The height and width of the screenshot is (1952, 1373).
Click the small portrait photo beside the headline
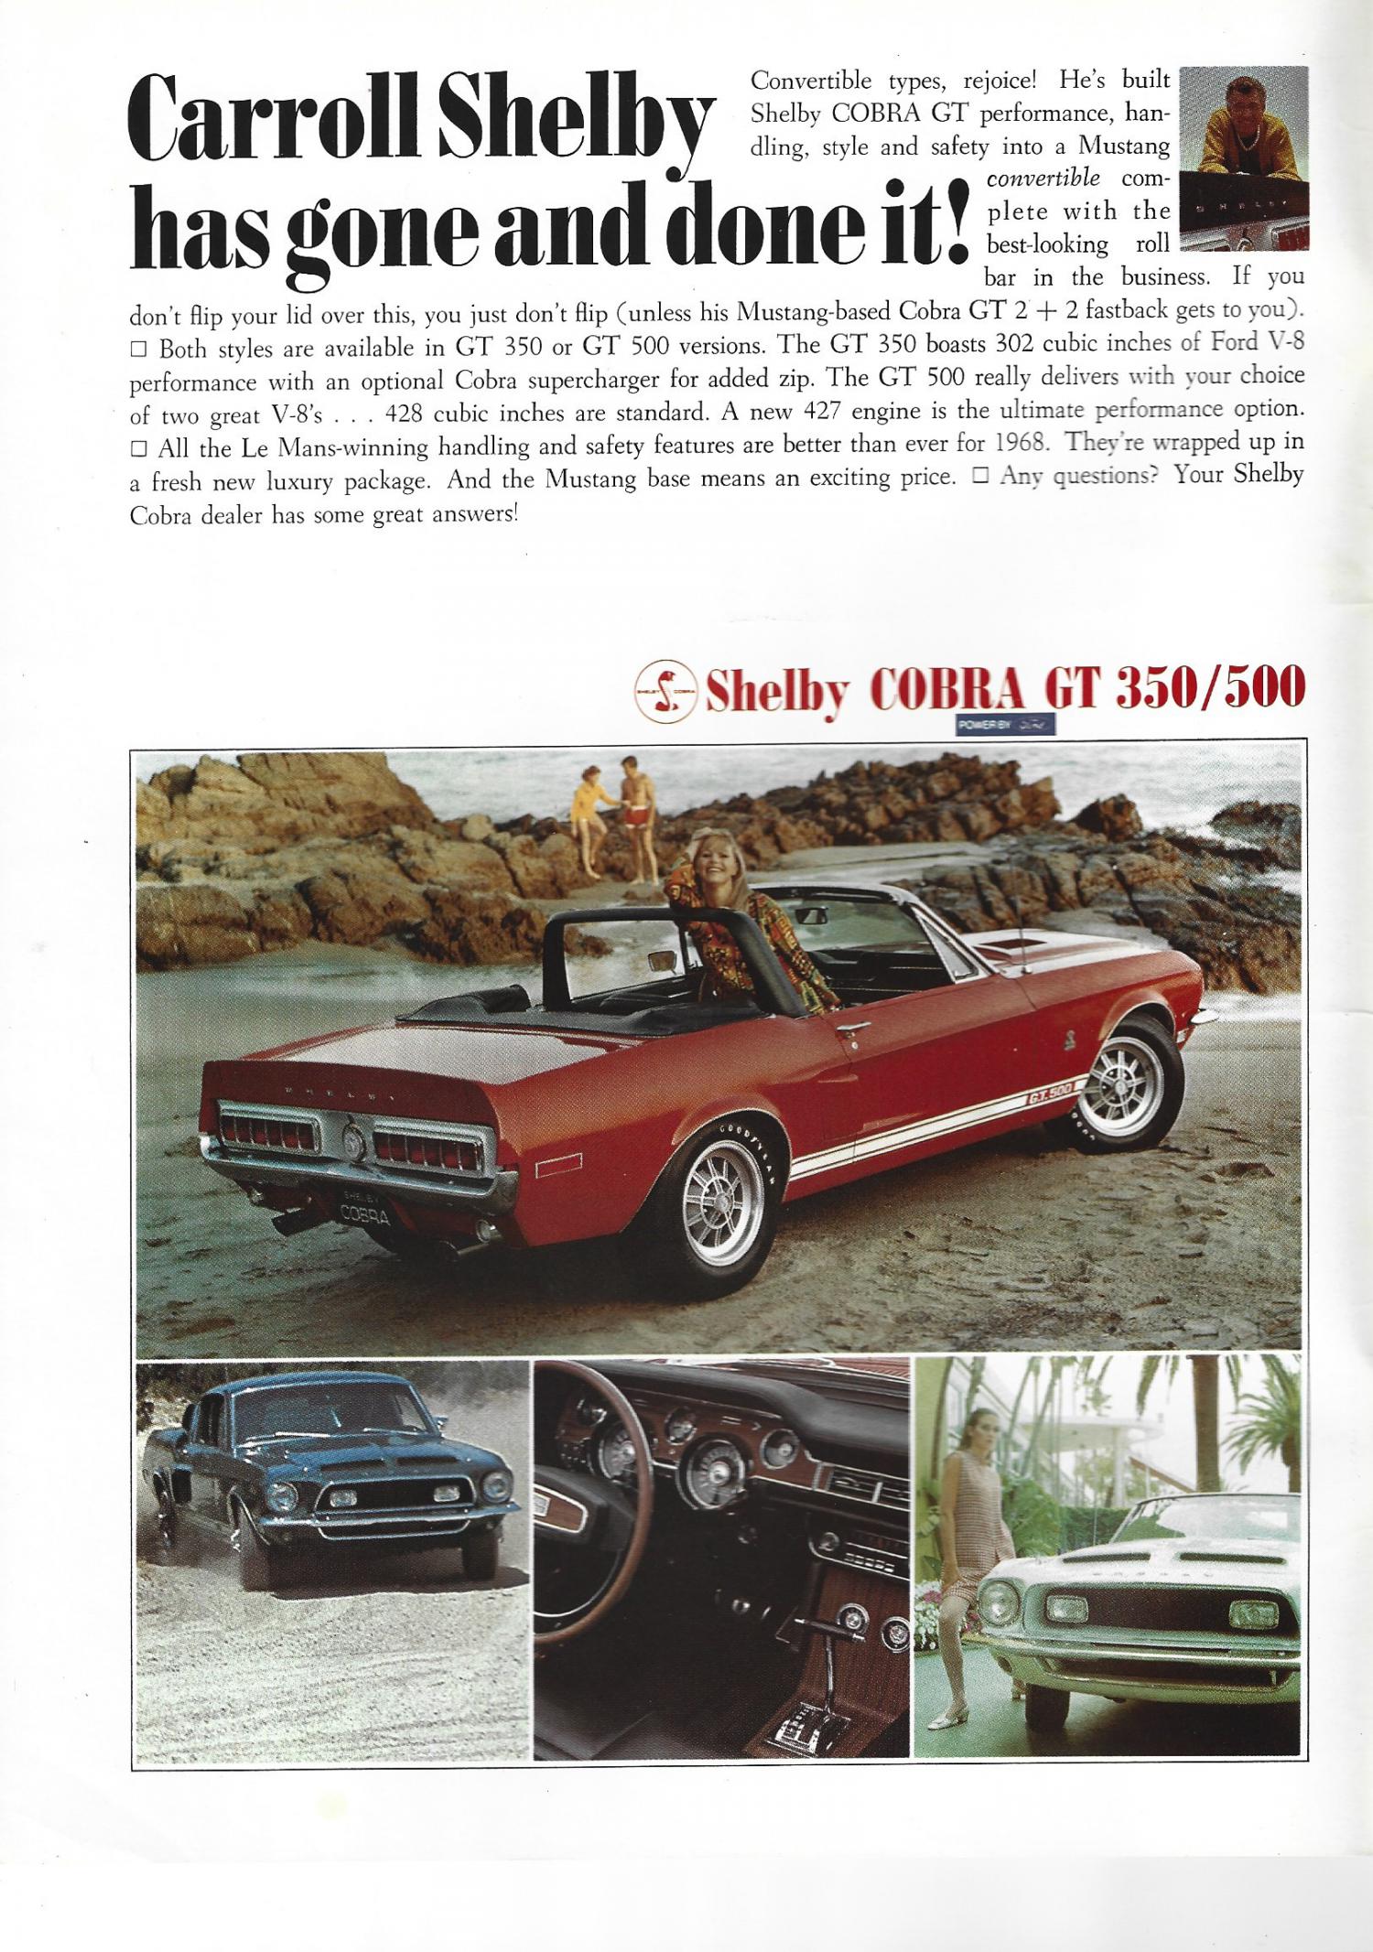1244,157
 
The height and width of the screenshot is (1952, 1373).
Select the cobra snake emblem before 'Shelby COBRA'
665,693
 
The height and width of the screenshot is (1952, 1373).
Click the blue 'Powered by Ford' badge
1005,726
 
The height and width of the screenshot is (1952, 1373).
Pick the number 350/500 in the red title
1209,689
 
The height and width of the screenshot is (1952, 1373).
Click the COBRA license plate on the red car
364,1214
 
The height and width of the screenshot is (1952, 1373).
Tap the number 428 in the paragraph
404,414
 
